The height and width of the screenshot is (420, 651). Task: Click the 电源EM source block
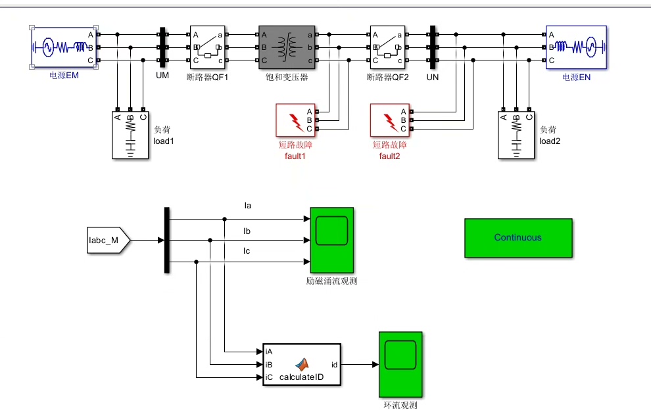click(64, 47)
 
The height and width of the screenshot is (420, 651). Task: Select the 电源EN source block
click(576, 47)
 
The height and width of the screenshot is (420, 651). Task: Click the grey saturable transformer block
click(287, 47)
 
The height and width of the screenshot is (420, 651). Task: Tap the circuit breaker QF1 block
click(208, 47)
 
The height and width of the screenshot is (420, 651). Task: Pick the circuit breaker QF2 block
click(387, 47)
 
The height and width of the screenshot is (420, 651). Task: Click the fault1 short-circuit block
click(296, 120)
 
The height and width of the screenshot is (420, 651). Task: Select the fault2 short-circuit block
click(390, 120)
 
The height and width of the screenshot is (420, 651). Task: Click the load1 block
click(130, 135)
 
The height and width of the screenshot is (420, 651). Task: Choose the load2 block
click(516, 135)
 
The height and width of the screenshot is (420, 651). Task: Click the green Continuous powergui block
click(518, 238)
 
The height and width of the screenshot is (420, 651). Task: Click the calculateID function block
click(302, 364)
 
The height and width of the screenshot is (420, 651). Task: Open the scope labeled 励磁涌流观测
click(331, 240)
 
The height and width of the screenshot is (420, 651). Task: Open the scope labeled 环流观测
click(400, 364)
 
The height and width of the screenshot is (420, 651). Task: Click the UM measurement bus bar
click(162, 47)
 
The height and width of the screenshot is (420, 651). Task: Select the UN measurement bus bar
click(433, 47)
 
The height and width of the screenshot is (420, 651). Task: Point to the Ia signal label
click(248, 206)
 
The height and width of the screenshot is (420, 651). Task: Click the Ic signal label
click(247, 250)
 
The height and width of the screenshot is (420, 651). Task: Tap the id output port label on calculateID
click(334, 365)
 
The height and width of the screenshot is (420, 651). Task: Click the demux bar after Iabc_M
click(167, 241)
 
